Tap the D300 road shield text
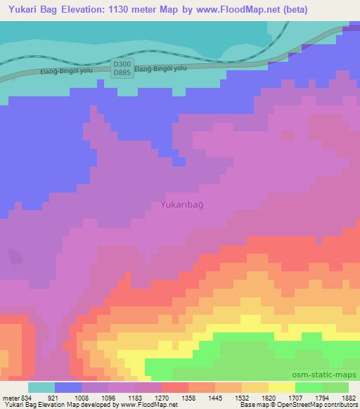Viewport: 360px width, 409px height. (122, 64)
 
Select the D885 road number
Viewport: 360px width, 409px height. (122, 72)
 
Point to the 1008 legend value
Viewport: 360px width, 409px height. (83, 398)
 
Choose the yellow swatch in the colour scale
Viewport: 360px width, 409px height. (282, 387)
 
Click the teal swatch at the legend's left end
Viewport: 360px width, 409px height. (41, 387)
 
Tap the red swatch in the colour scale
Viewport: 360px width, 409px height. (175, 387)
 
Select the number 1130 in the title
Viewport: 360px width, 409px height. (122, 9)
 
